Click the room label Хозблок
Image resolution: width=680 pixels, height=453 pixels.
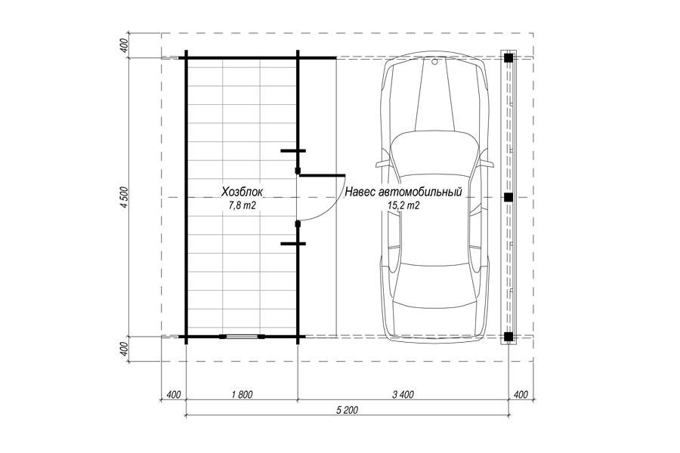pos(242,192)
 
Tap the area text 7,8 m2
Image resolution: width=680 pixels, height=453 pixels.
pos(242,206)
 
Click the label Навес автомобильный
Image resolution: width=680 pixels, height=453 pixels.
pos(403,192)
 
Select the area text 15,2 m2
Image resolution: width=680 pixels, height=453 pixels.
pos(403,206)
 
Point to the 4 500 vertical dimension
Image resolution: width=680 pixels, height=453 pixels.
pos(125,198)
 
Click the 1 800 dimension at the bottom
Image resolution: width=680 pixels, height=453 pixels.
pos(242,394)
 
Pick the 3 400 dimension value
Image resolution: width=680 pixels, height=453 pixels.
pos(403,394)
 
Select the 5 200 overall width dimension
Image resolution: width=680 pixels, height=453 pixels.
pos(348,410)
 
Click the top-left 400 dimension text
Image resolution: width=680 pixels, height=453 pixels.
pos(125,45)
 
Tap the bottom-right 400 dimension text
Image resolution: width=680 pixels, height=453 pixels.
pos(521,394)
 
